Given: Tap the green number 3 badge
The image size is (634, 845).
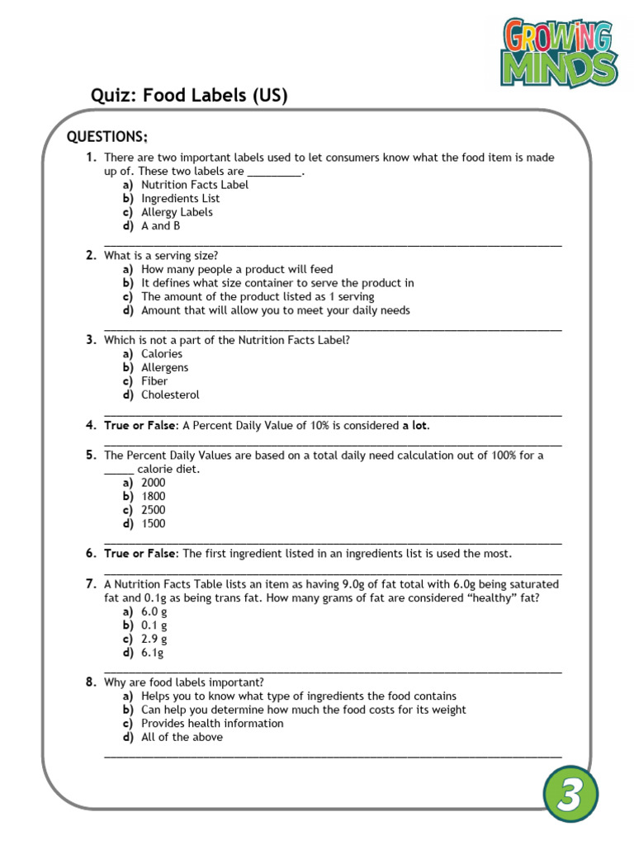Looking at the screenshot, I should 570,795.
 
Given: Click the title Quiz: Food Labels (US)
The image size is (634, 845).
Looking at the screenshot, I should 189,96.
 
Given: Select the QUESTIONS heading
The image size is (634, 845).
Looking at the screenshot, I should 107,137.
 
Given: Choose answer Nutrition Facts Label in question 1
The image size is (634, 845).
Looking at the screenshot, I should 194,185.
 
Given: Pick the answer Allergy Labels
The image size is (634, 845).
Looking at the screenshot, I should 177,212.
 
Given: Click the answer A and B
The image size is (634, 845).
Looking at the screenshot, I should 160,225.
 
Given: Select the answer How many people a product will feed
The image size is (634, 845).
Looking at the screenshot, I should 237,269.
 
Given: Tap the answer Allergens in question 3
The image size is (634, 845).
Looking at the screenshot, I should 164,367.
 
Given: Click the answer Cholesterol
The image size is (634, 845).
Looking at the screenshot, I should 170,394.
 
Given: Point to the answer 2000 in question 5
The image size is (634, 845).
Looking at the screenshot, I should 153,482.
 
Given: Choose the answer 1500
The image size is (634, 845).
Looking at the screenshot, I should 153,523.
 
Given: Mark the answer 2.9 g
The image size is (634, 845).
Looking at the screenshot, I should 154,639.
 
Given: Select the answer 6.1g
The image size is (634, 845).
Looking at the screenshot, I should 153,653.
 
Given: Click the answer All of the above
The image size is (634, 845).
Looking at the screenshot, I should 182,737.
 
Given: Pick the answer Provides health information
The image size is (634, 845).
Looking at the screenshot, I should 212,723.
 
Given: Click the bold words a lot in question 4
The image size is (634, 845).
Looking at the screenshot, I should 415,425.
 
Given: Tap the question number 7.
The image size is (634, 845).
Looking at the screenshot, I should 91,584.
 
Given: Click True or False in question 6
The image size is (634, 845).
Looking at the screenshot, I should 140,554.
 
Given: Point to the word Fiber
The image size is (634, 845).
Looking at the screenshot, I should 154,381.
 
